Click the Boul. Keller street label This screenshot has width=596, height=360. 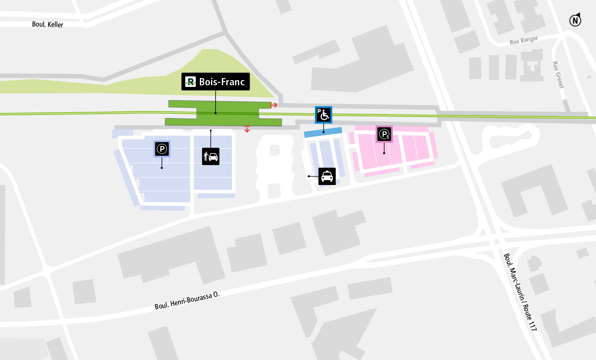point(47,24)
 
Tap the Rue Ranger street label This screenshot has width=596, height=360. point(524,40)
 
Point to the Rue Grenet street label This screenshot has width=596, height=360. point(558,74)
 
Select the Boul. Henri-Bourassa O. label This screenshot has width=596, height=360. point(187,301)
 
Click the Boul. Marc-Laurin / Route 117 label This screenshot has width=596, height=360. point(520,292)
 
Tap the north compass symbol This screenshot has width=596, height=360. point(575,20)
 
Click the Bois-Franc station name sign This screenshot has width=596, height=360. point(215,82)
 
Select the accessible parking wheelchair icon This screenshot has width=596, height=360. point(323,115)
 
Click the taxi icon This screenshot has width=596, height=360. point(327,176)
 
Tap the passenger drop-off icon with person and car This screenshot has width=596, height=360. point(211,157)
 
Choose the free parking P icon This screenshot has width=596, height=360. point(162,149)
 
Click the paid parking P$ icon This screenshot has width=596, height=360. point(384,134)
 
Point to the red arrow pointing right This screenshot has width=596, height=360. point(274,105)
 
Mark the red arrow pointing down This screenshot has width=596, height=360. point(247,129)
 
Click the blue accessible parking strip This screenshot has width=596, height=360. point(323,132)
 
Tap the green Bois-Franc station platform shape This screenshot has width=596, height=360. point(224,114)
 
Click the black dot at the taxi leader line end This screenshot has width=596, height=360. point(309,176)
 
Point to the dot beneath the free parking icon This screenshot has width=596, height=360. point(162,168)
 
